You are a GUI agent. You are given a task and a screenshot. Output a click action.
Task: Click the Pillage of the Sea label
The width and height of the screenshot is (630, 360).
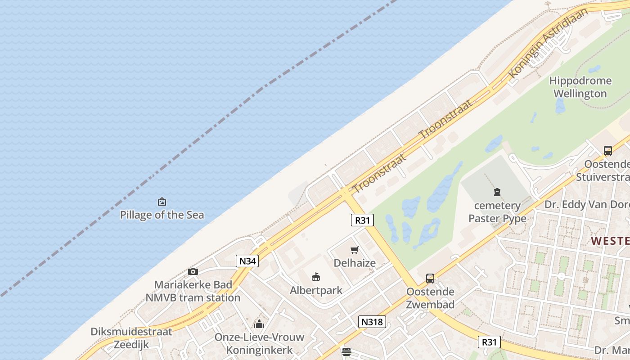(162, 215)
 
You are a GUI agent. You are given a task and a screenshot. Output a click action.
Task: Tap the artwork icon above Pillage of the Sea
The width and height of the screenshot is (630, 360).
(162, 202)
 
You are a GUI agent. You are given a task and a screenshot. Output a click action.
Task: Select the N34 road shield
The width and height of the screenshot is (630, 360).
(247, 261)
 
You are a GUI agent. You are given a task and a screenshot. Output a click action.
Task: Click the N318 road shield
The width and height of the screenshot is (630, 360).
(372, 321)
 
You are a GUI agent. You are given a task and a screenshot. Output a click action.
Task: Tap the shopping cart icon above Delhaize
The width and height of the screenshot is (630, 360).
(355, 250)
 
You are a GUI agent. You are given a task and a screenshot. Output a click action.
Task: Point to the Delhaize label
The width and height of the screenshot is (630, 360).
(355, 263)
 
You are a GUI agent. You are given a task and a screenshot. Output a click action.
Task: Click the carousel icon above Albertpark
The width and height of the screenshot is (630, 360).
(316, 277)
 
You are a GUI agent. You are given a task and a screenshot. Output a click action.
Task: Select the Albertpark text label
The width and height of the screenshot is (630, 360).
(316, 290)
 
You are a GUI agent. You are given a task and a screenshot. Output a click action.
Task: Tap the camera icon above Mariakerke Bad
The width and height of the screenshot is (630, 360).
(193, 271)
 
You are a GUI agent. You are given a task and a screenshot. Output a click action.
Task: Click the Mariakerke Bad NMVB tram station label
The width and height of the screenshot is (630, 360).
(193, 291)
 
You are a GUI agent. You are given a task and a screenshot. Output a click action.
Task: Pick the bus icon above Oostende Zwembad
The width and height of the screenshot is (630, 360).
(430, 279)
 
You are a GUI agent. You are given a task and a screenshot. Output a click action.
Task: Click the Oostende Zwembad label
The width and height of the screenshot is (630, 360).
(430, 298)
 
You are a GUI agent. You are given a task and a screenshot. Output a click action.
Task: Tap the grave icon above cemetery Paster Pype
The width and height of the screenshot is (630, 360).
(497, 193)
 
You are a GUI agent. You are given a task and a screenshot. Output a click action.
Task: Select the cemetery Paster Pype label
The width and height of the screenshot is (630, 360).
(497, 212)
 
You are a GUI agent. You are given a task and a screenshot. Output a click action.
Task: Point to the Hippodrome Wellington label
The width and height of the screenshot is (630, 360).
(580, 87)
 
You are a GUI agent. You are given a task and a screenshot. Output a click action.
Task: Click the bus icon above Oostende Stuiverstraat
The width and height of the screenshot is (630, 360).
(608, 151)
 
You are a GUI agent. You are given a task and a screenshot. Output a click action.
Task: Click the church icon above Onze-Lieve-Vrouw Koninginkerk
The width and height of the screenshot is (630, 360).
(259, 324)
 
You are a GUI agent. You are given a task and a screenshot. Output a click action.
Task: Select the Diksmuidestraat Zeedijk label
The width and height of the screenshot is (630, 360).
(131, 338)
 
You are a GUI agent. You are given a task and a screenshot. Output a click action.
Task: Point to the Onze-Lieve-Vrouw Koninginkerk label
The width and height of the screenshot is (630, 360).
(259, 343)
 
